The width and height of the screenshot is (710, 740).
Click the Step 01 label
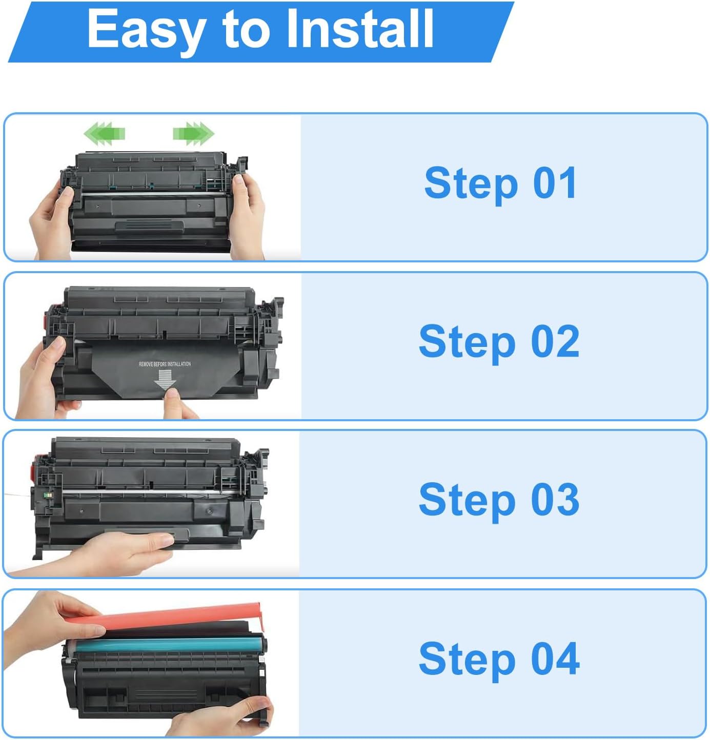[x=500, y=183]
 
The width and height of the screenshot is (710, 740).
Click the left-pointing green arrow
[x=104, y=134]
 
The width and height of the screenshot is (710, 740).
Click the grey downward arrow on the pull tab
[x=165, y=380]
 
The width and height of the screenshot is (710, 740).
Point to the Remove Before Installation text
[x=165, y=364]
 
